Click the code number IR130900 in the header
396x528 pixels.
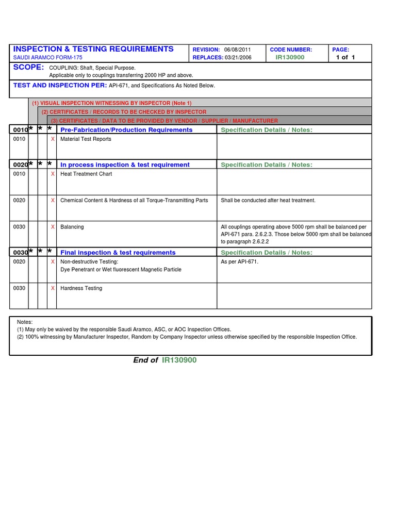290,57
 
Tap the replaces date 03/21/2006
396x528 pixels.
238,58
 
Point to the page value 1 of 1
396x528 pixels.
345,57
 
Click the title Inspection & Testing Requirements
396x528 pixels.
93,49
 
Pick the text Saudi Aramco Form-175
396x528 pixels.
47,58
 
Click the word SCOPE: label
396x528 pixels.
28,68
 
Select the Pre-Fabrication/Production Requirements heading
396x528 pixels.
126,130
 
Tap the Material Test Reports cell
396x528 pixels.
86,139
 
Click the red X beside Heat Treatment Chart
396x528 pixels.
52,174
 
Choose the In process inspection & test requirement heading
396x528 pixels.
125,165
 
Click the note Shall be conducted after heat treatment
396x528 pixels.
268,201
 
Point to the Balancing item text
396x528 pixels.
72,227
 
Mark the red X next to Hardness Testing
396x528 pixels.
52,288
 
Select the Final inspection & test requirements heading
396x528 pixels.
118,253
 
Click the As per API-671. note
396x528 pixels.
240,262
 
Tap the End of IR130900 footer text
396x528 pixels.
164,360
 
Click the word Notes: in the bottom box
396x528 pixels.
25,322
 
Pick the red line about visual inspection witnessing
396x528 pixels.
111,103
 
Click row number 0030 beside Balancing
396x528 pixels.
19,227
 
